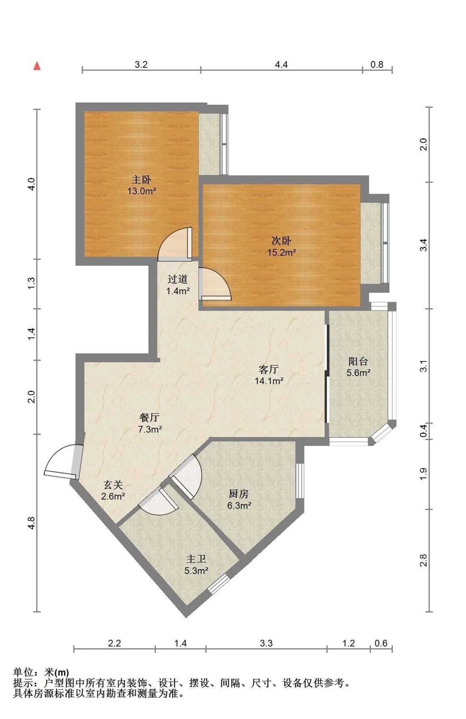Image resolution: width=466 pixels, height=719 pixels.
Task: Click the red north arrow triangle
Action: [37, 66]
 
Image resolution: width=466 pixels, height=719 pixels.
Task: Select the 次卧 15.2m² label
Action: [281, 246]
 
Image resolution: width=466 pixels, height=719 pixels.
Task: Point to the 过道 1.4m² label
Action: [178, 285]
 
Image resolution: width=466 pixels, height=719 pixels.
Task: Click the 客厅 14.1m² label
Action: [269, 375]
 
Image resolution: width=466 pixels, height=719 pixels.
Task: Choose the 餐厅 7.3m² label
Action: [150, 423]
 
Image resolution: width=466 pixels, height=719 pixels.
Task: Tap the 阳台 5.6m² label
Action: [358, 367]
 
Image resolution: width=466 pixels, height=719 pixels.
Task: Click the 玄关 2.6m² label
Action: [113, 491]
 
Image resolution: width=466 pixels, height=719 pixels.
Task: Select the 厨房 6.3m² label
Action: [239, 500]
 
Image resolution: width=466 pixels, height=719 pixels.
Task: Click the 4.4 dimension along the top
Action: [281, 64]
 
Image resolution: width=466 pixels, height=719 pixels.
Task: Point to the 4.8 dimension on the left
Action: [32, 523]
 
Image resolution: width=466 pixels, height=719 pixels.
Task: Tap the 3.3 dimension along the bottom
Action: [266, 643]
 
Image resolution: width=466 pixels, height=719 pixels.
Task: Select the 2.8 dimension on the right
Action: [423, 561]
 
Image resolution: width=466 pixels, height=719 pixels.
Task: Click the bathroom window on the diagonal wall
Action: [218, 584]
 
